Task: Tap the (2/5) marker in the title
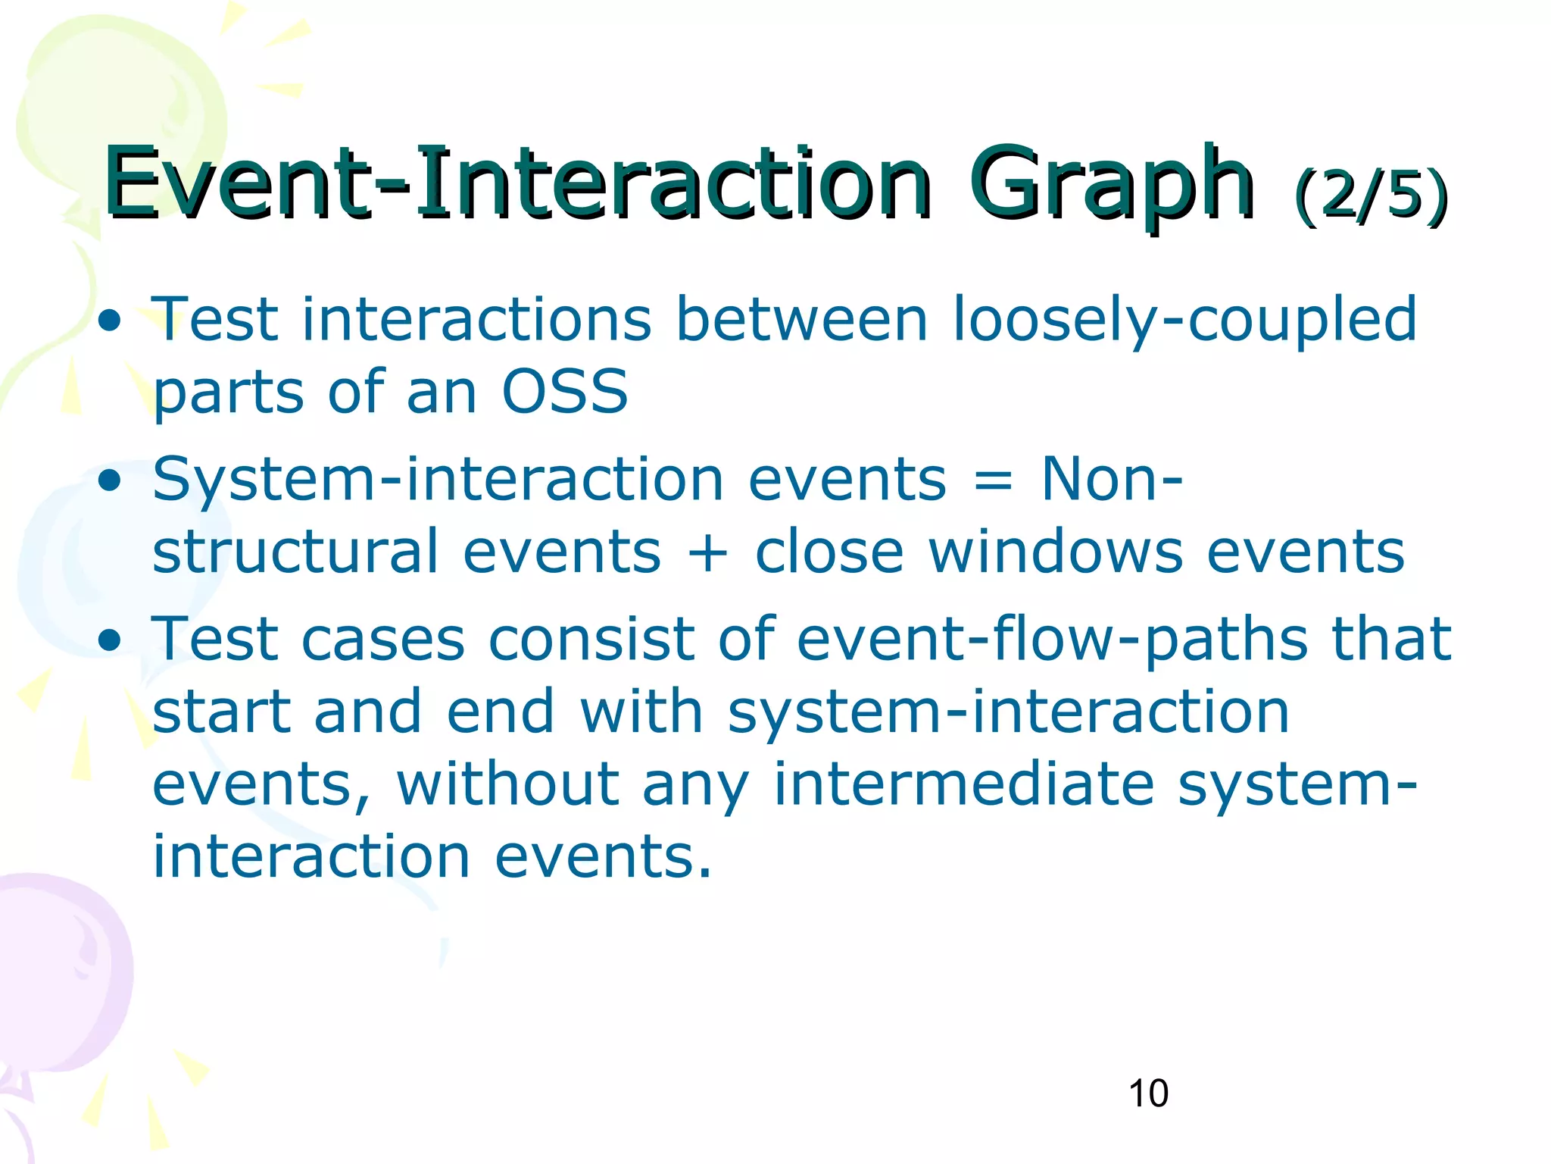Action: (1371, 196)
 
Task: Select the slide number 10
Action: (1148, 1094)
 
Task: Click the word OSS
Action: (565, 392)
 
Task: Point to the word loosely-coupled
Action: (1184, 320)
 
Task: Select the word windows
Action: (1055, 552)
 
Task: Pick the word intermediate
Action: (963, 784)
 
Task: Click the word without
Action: (507, 784)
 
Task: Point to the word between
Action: (801, 320)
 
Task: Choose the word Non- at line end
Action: (1111, 480)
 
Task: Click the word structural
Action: (295, 552)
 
